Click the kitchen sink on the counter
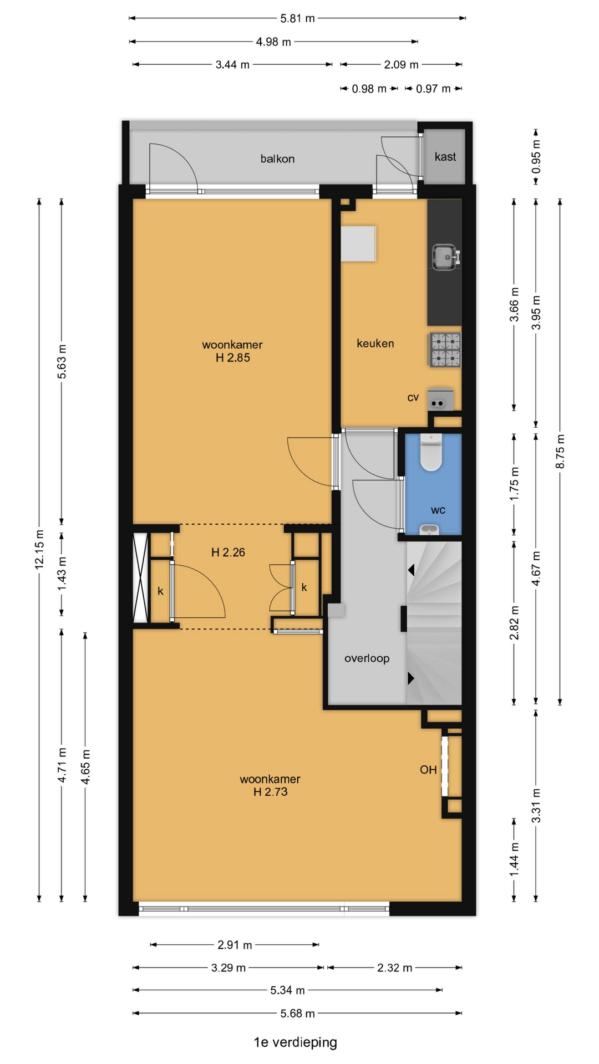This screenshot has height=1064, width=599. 446,258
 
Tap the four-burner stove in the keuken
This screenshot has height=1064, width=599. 445,350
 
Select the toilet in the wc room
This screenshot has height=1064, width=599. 431,452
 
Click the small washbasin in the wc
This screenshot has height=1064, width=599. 429,530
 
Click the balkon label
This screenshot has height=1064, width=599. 277,159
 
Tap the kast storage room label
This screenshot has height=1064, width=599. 445,157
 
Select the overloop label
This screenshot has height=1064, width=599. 367,658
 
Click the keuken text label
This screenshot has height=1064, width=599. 375,344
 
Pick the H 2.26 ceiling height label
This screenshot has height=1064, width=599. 228,553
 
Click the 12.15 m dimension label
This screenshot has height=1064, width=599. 39,550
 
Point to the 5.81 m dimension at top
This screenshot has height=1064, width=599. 297,18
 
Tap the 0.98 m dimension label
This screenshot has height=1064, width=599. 369,89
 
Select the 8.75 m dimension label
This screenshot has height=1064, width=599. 560,452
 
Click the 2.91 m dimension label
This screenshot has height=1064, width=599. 235,945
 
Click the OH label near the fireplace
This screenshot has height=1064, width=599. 428,770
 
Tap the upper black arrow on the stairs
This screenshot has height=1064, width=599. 411,570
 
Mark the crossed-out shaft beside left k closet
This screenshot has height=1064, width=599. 141,577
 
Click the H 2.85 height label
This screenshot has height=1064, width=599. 233,358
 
